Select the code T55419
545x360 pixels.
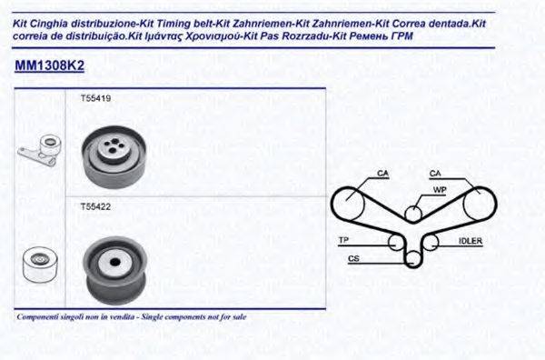pyautogui.click(x=96, y=97)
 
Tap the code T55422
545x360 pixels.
pyautogui.click(x=96, y=206)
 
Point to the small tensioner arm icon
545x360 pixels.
pyautogui.click(x=37, y=152)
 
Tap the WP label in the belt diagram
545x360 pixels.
pyautogui.click(x=439, y=190)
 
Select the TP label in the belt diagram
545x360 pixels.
pyautogui.click(x=344, y=240)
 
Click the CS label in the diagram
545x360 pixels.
pyautogui.click(x=353, y=260)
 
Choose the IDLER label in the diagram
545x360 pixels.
pyautogui.click(x=471, y=241)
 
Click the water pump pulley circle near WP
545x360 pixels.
pyautogui.click(x=413, y=213)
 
